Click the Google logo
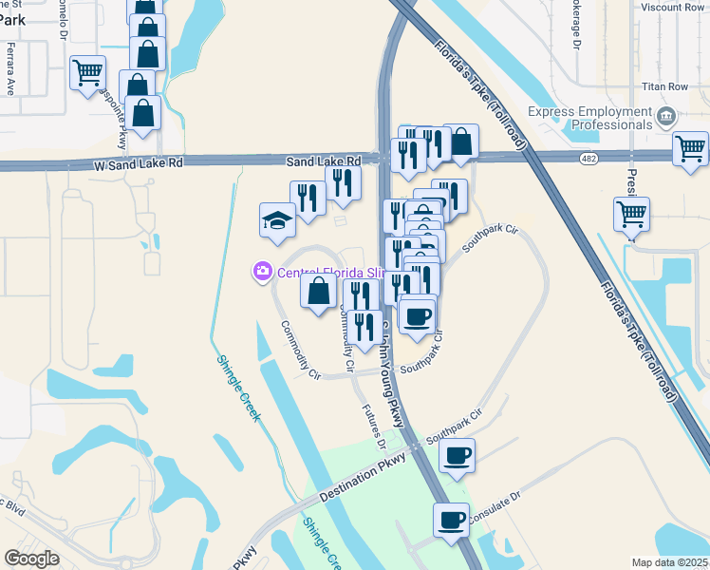(x=31, y=559)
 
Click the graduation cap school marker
(x=277, y=220)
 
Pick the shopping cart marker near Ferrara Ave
(x=87, y=72)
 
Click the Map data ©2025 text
(x=670, y=562)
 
